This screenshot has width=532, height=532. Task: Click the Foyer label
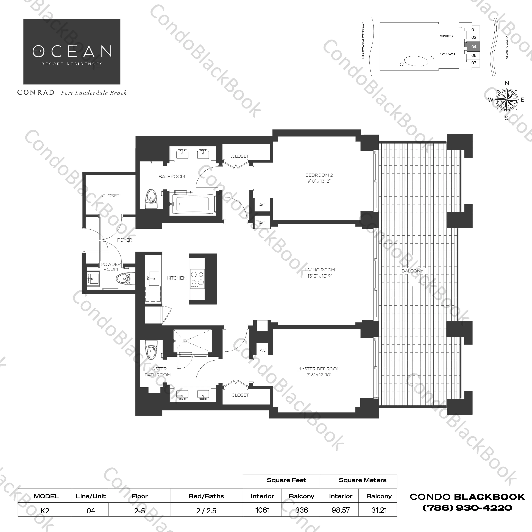[124, 240]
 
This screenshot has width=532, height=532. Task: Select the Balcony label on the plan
[412, 271]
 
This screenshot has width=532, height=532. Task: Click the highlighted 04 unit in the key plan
[472, 47]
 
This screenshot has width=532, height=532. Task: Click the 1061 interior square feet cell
[262, 510]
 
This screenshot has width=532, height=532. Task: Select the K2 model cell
[45, 510]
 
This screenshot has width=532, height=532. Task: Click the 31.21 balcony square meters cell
[379, 510]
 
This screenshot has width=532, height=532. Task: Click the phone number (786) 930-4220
[467, 508]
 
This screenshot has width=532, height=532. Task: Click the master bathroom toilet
[151, 350]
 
